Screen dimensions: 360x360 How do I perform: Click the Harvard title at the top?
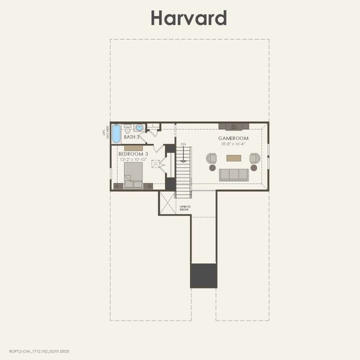click(188, 18)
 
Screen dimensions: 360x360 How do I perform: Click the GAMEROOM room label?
click(233, 139)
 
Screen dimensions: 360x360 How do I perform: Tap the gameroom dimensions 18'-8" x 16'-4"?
click(233, 144)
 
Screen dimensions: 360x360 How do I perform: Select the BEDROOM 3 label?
click(133, 154)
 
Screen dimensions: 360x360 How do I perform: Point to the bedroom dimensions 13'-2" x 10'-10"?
click(133, 160)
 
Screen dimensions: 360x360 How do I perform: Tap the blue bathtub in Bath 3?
click(116, 133)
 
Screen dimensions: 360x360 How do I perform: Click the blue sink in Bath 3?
click(139, 128)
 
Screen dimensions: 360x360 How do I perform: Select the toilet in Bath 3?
click(127, 128)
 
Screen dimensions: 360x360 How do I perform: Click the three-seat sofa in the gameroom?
click(233, 175)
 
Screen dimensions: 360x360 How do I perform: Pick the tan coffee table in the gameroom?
click(233, 158)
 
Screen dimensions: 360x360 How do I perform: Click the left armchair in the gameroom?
click(211, 158)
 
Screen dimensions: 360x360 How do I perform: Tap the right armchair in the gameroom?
click(254, 158)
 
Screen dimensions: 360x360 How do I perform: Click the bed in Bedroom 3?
click(133, 175)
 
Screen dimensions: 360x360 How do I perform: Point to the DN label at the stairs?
click(184, 144)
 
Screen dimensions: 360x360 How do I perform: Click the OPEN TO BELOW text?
click(185, 208)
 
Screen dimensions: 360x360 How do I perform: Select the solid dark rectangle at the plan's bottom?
click(203, 276)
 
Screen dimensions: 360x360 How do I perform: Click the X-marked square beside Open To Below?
click(167, 203)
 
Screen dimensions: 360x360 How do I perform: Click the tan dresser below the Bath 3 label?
click(133, 147)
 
